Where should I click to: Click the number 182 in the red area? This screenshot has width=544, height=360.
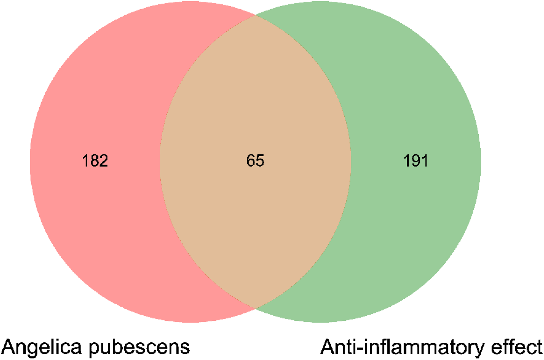pos(95,161)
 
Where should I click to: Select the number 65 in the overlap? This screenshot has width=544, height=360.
pos(255,161)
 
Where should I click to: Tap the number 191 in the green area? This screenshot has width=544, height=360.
pos(416,161)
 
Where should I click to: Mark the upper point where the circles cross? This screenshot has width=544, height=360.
pos(255,15)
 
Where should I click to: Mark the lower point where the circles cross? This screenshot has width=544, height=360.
pos(255,308)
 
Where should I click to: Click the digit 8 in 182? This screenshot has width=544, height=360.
pos(95,161)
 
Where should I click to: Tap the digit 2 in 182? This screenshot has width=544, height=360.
pos(103,161)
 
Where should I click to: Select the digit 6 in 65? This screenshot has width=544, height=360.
pos(251,161)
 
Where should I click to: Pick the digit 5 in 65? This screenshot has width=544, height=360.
pos(260,161)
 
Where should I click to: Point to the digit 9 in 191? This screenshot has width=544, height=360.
pos(416,161)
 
